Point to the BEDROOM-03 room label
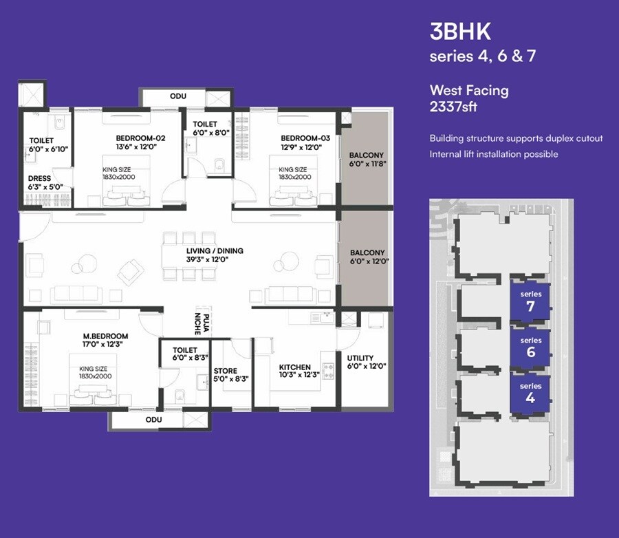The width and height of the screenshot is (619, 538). pyautogui.click(x=305, y=138)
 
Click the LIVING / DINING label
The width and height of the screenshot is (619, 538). pyautogui.click(x=214, y=251)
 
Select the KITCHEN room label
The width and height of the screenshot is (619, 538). pyautogui.click(x=294, y=367)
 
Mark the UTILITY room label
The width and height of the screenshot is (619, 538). pyautogui.click(x=360, y=358)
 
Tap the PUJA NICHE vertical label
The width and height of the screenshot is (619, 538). pyautogui.click(x=200, y=321)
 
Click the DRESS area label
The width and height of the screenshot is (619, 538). pyautogui.click(x=39, y=178)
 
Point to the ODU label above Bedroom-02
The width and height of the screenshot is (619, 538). pyautogui.click(x=178, y=96)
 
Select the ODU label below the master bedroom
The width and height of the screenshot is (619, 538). pyautogui.click(x=153, y=419)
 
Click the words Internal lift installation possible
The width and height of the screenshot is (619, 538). pyautogui.click(x=493, y=154)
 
